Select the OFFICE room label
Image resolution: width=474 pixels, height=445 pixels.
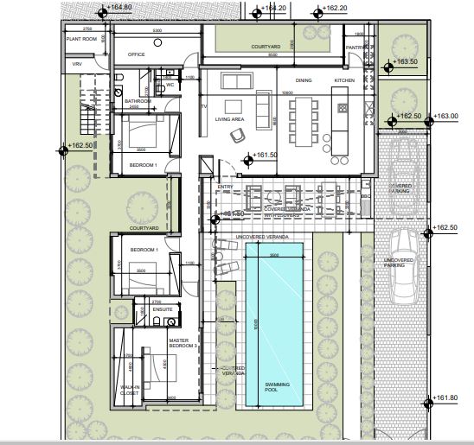(x=136, y=54)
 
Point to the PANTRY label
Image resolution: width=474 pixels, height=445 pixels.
(x=355, y=48)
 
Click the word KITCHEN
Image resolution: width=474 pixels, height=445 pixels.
(x=344, y=80)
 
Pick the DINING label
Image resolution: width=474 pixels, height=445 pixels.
(x=304, y=80)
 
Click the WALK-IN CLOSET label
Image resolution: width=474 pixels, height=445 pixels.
(x=131, y=391)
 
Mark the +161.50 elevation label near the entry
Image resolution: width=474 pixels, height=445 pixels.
(x=266, y=156)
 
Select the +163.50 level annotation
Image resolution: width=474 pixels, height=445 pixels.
(x=406, y=62)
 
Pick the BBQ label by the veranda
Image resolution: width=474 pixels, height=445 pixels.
(x=364, y=196)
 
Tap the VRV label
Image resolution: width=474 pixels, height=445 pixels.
(x=76, y=64)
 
